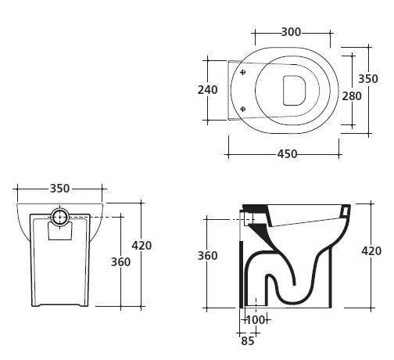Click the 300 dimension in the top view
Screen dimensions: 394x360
[x=291, y=32]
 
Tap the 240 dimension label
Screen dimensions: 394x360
[x=208, y=90]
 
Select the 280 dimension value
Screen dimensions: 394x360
[x=352, y=96]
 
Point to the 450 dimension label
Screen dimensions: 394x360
[x=287, y=154]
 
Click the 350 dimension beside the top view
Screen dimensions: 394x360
[x=368, y=79]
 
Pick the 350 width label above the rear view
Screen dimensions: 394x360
[x=59, y=189]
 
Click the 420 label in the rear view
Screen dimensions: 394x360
[x=141, y=246]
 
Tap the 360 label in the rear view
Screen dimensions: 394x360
[x=120, y=262]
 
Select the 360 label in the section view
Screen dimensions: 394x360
[x=207, y=256]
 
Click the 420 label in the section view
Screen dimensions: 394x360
[x=371, y=251]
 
